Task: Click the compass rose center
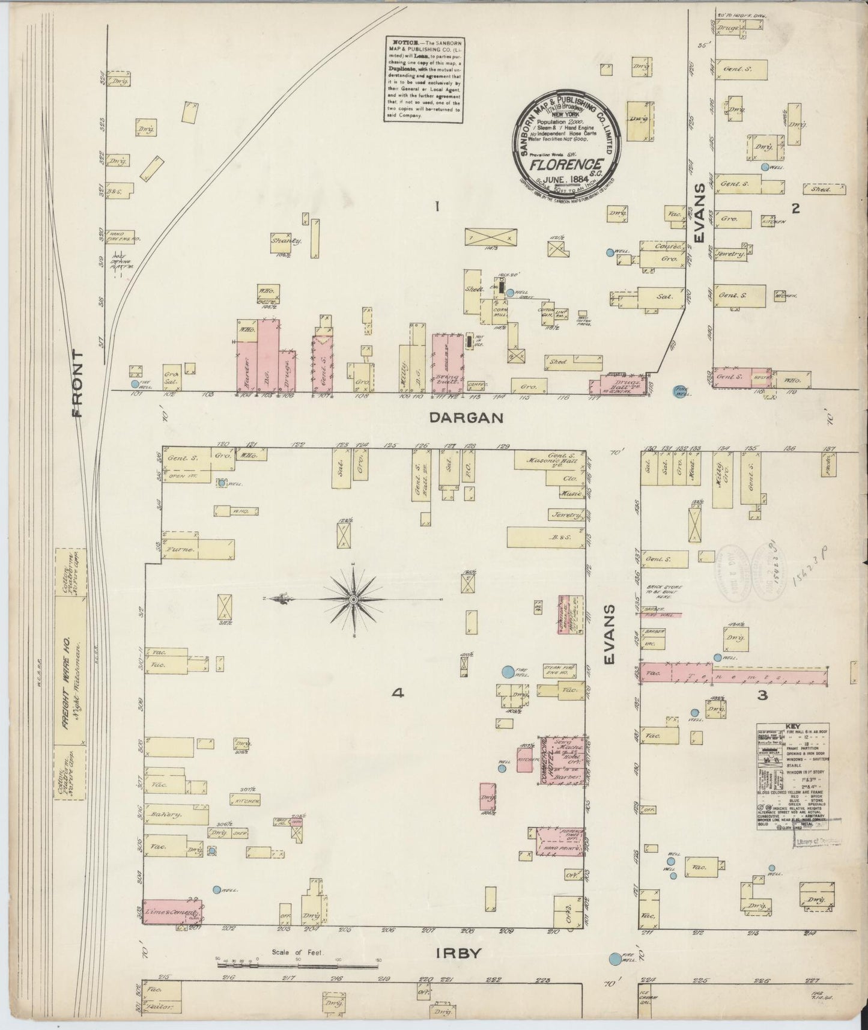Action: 354,600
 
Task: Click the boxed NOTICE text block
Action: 425,79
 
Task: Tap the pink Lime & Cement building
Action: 172,912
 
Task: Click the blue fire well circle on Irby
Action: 615,958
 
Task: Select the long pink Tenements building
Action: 733,676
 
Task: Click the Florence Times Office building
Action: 560,840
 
